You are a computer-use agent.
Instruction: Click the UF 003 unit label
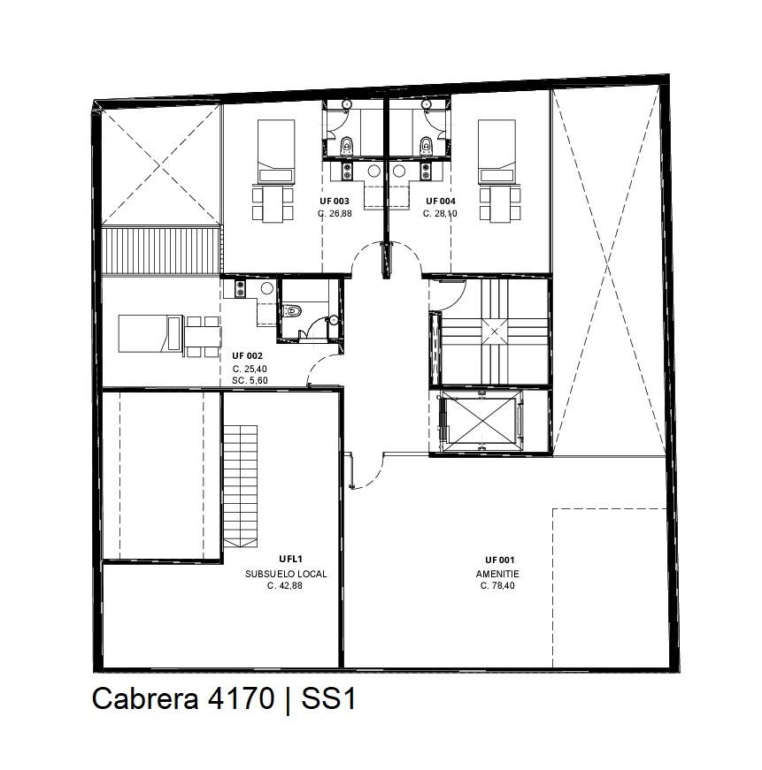pyautogui.click(x=335, y=201)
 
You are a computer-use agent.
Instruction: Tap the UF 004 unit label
pyautogui.click(x=441, y=201)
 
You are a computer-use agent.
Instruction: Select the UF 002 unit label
pyautogui.click(x=247, y=355)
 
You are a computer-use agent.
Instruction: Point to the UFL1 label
pyautogui.click(x=290, y=559)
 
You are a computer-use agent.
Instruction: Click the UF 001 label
pyautogui.click(x=499, y=560)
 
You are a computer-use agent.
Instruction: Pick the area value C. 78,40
pyautogui.click(x=497, y=585)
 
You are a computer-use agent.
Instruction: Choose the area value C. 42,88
pyautogui.click(x=285, y=585)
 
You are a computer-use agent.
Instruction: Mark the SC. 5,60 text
pyautogui.click(x=250, y=381)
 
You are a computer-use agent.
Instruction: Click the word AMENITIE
pyautogui.click(x=497, y=574)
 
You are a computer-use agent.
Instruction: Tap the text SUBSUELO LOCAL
pyautogui.click(x=286, y=574)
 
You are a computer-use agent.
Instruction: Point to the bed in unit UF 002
pyautogui.click(x=150, y=333)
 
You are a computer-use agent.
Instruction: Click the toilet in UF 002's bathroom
pyautogui.click(x=291, y=310)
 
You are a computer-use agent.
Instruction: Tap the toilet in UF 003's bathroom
pyautogui.click(x=346, y=147)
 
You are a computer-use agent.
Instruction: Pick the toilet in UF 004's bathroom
pyautogui.click(x=426, y=147)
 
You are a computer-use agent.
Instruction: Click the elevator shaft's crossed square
pyautogui.click(x=478, y=421)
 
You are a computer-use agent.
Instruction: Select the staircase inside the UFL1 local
pyautogui.click(x=241, y=486)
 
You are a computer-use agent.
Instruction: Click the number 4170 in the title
pyautogui.click(x=241, y=698)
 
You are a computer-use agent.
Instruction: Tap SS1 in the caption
pyautogui.click(x=328, y=698)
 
